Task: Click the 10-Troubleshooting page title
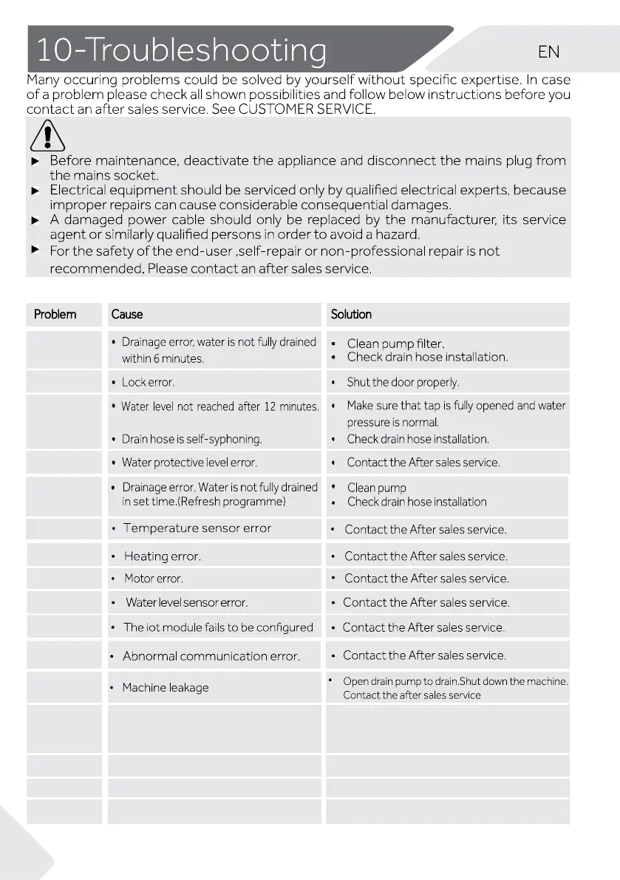181,50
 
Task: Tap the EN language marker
549,52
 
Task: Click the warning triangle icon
47,136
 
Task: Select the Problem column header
55,314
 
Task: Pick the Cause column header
127,314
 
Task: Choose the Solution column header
352,314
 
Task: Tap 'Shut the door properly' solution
403,382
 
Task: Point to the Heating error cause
162,556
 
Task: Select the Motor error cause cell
153,579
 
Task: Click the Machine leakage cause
166,687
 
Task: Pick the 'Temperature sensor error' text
197,528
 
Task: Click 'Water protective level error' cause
189,463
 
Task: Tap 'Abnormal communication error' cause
211,656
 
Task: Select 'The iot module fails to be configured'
218,627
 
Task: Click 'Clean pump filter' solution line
396,344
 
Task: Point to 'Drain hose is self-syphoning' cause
191,439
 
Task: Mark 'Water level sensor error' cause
186,602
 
